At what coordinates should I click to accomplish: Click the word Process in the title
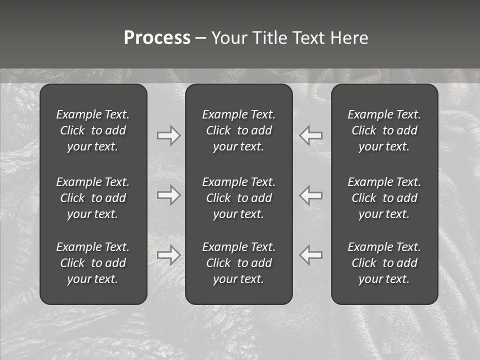tap(157, 38)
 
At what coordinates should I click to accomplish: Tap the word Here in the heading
tap(349, 38)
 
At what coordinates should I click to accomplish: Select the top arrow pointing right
tap(168, 135)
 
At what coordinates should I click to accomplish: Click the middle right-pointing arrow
tap(168, 194)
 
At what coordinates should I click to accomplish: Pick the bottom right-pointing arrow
tap(168, 255)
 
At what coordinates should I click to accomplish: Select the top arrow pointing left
tap(311, 135)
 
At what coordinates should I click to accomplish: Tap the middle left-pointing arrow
tap(311, 194)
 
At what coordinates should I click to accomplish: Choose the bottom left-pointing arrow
tap(311, 255)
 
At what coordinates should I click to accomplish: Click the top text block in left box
tap(93, 130)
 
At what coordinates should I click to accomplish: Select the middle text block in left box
tap(93, 198)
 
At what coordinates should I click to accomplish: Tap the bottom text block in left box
tap(93, 263)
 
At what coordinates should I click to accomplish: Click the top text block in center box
tap(239, 130)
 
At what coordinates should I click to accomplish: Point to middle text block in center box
tap(239, 198)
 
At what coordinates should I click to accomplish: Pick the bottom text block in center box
tap(239, 263)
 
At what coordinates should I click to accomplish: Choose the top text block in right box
tap(384, 130)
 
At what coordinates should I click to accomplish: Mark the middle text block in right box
tap(384, 198)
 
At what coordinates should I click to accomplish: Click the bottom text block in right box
tap(384, 263)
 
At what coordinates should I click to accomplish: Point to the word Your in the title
tap(229, 38)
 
